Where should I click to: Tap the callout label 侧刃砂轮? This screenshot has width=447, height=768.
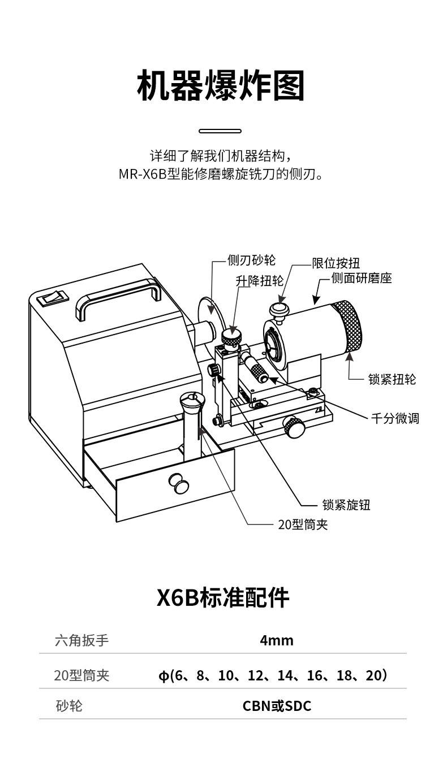[251, 260]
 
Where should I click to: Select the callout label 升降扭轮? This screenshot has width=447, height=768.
[259, 281]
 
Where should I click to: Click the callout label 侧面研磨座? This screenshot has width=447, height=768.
[362, 278]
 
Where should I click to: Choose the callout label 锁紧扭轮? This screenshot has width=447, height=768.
[392, 379]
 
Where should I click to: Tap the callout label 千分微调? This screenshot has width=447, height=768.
[395, 419]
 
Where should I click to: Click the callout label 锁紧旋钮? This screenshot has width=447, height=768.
[346, 505]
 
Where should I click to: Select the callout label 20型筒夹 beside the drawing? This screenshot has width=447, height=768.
[303, 524]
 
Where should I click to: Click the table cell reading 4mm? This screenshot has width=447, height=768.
[277, 640]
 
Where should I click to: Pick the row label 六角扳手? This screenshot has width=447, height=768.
[82, 640]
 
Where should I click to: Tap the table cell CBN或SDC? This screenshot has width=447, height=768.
[277, 706]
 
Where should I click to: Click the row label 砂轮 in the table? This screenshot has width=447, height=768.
[69, 706]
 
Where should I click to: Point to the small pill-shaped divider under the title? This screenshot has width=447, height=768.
[220, 131]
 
